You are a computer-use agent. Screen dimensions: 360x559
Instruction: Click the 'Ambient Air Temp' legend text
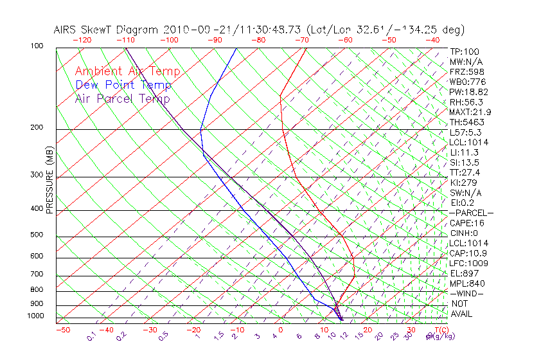click(127, 71)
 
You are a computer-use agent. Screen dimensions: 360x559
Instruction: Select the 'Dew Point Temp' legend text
click(123, 85)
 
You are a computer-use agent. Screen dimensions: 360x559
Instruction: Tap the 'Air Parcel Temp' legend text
click(122, 98)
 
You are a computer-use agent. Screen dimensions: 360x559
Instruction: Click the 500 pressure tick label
click(37, 235)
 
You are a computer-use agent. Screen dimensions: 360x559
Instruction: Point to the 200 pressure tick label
click(37, 128)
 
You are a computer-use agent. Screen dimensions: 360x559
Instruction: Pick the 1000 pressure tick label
click(35, 316)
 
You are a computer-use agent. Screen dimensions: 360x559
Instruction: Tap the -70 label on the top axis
click(301, 40)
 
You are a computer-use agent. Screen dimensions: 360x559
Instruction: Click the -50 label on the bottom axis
click(62, 330)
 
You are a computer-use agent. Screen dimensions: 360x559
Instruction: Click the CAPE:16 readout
click(467, 223)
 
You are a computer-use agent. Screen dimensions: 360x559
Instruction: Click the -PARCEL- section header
click(471, 213)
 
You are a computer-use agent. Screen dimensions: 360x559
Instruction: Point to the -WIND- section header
click(466, 293)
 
